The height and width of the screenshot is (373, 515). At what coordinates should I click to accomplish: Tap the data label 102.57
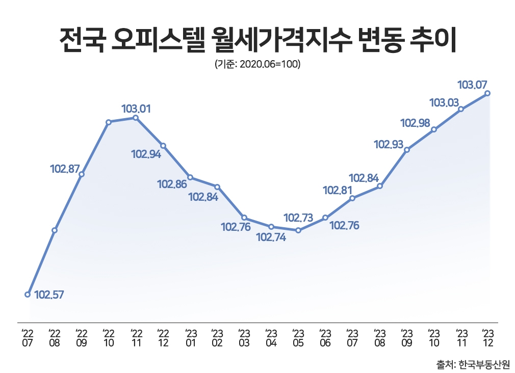tap(49, 295)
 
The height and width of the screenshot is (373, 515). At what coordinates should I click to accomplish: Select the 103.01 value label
tap(136, 109)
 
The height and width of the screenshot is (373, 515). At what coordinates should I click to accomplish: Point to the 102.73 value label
tap(298, 218)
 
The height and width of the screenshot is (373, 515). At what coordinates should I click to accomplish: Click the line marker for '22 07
tap(28, 294)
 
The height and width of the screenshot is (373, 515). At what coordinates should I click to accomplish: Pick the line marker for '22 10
tap(109, 122)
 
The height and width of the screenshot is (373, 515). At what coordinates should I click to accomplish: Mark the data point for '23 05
tap(298, 230)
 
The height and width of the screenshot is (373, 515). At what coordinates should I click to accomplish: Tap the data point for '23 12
tap(488, 93)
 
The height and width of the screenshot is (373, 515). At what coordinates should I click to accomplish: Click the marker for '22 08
tap(55, 230)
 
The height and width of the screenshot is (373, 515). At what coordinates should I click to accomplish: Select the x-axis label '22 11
tap(136, 337)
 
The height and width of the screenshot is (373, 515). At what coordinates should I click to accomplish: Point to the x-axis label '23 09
tap(407, 337)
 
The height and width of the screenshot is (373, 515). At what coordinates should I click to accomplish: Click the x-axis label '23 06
tap(325, 337)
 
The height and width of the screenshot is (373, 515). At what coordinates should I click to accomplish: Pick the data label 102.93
tap(389, 145)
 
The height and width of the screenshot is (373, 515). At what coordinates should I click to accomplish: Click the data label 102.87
tap(65, 169)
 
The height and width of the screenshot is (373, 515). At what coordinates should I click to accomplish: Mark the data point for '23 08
tap(380, 186)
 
